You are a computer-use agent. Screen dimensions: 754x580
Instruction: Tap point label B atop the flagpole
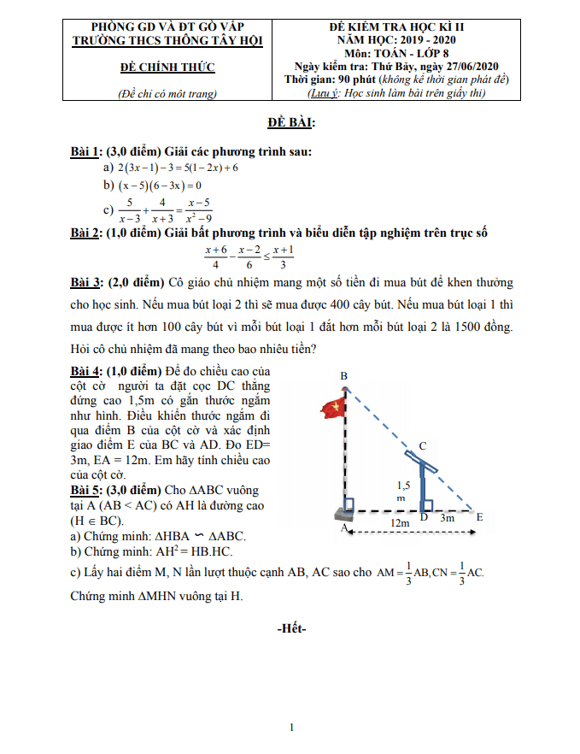pyautogui.click(x=343, y=376)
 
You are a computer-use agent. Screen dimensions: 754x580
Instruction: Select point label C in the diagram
pyautogui.click(x=422, y=445)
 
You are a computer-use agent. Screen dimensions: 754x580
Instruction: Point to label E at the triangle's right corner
pyautogui.click(x=479, y=517)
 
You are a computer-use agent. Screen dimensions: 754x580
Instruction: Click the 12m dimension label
pyautogui.click(x=398, y=521)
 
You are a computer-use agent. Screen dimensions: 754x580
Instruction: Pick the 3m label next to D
pyautogui.click(x=446, y=517)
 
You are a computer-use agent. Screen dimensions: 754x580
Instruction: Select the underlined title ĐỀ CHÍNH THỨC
pyautogui.click(x=167, y=67)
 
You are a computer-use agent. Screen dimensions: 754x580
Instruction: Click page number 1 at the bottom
pyautogui.click(x=291, y=727)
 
